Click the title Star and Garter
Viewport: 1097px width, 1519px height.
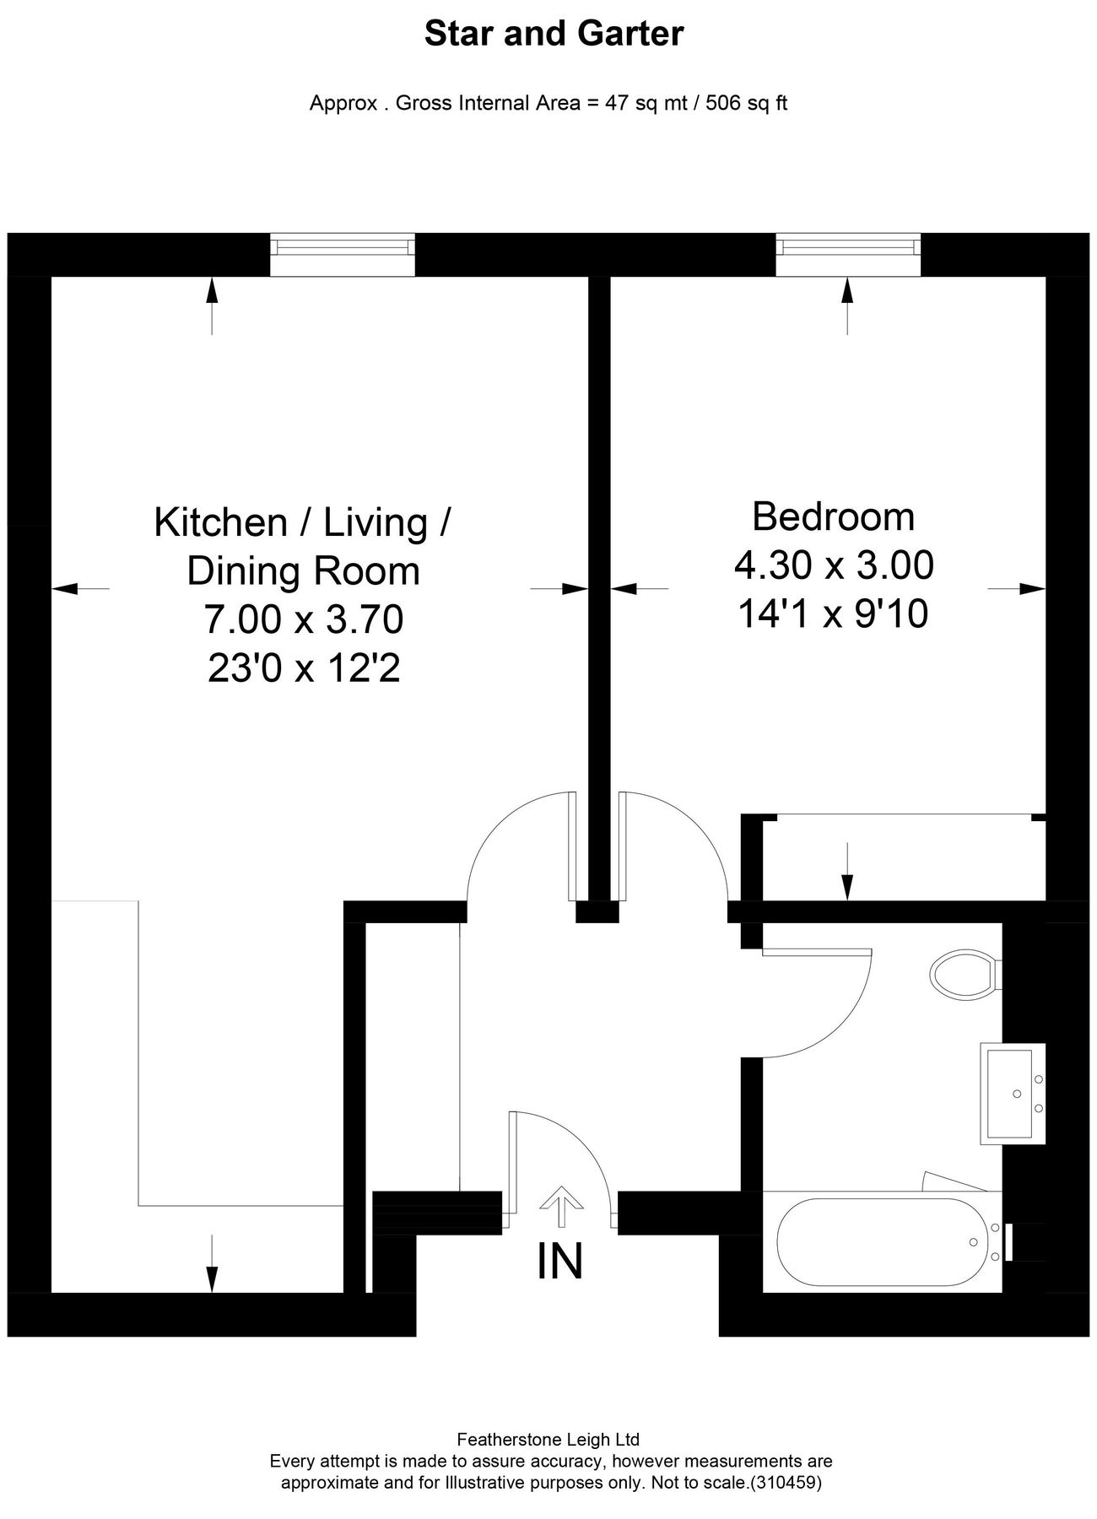click(x=554, y=35)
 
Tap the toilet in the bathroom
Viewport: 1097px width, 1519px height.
click(x=965, y=974)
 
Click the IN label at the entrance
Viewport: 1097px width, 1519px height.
click(x=559, y=1262)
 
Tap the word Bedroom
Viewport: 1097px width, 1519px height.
click(x=833, y=516)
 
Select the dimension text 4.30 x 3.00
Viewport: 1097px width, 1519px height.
click(x=834, y=565)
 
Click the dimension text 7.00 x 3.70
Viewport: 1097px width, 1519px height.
click(x=303, y=620)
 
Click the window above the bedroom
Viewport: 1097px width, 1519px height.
click(x=848, y=247)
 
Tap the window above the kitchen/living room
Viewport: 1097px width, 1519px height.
click(x=343, y=247)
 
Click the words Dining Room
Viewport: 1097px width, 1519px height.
click(x=303, y=571)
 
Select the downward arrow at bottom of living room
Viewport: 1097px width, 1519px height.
click(x=212, y=1263)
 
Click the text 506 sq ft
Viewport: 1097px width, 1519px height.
click(x=746, y=104)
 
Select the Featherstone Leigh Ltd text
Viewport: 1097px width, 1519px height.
click(x=548, y=1440)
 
